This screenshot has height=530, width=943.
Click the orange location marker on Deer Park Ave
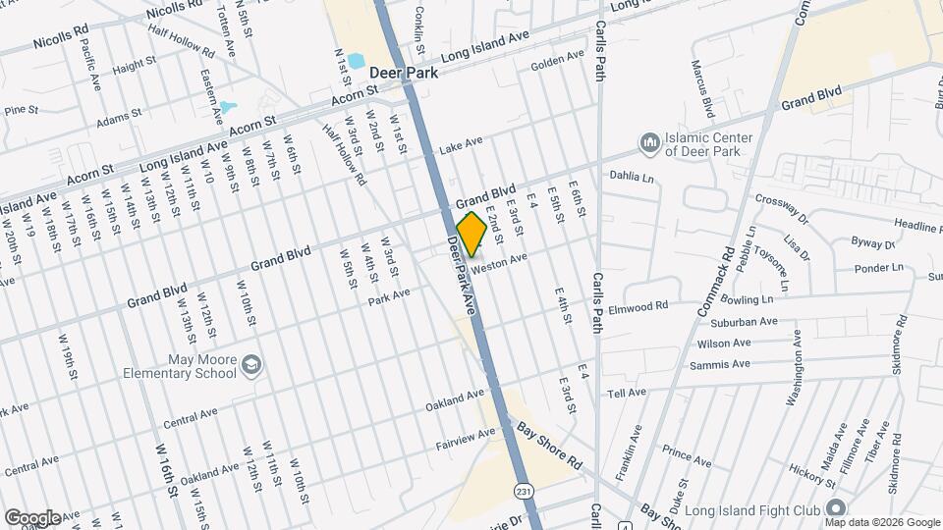coord(472,235)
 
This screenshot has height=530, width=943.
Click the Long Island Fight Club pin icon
coord(836,507)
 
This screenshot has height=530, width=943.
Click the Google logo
coord(31,517)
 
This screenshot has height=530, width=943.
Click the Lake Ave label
coord(461,143)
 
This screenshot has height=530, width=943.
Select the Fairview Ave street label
coord(467,440)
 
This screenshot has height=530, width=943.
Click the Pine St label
coord(20,110)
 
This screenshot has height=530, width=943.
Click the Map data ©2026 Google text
coord(881,521)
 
